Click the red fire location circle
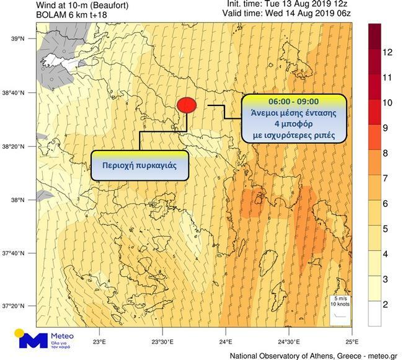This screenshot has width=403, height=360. pos(187,105)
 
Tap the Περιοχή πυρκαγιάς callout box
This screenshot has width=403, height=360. pos(139,166)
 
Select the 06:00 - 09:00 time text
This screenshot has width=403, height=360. pos(293,101)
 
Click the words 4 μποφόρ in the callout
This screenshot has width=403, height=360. pos(293,123)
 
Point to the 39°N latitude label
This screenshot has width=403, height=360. pos(17,38)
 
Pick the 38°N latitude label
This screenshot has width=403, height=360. pos(17,200)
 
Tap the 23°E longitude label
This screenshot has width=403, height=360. pos(98,341)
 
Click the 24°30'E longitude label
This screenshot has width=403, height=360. pos(288,341)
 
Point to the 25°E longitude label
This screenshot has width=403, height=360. pos(352,341)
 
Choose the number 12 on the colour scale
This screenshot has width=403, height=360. pos(388,53)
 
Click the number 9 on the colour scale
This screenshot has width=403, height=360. pos(388,128)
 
